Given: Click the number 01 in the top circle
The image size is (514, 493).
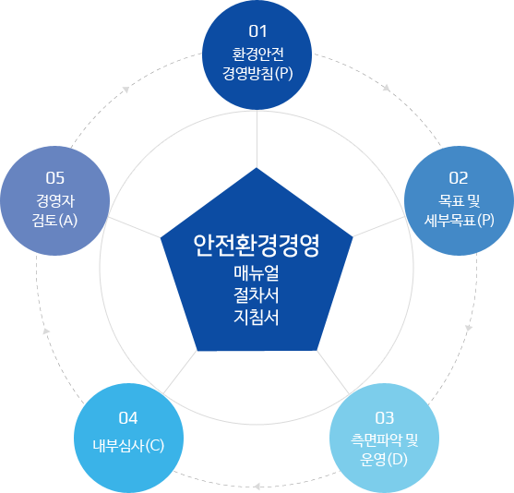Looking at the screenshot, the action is coord(257,31).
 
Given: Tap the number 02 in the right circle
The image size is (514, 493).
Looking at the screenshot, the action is coord(459,178).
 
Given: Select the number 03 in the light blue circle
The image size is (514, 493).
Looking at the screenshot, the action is coord(384,418).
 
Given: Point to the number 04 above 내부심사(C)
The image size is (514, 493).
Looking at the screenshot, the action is coord(128,418).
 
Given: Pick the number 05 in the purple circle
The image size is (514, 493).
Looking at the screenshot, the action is coord(55,178).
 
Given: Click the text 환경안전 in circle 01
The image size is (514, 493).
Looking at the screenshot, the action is coord(257,54).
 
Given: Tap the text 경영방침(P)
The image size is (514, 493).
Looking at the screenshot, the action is coord(257,73).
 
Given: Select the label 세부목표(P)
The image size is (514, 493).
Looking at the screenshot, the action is coord(459,220).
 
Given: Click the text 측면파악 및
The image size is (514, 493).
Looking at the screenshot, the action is coord(384,439).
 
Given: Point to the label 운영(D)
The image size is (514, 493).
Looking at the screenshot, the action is coord(384,459).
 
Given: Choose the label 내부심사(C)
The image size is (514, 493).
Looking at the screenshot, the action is coord(128,445).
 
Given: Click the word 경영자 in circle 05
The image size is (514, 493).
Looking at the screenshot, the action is coord(55,200).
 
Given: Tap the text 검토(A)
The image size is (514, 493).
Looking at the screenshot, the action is coord(54,220).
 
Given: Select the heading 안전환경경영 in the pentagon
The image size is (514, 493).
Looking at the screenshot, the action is coord(257,246).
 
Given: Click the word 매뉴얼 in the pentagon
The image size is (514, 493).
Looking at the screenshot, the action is coord(257,273).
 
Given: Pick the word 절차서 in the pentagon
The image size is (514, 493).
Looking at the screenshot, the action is coord(257,295).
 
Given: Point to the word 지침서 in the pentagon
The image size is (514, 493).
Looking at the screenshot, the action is coord(257,318).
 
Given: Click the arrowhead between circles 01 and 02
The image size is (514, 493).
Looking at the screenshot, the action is coord(388,88).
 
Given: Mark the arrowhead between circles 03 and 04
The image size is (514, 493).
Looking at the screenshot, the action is coord(257,487).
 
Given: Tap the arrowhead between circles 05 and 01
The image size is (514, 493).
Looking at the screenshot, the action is coord(126,90).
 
